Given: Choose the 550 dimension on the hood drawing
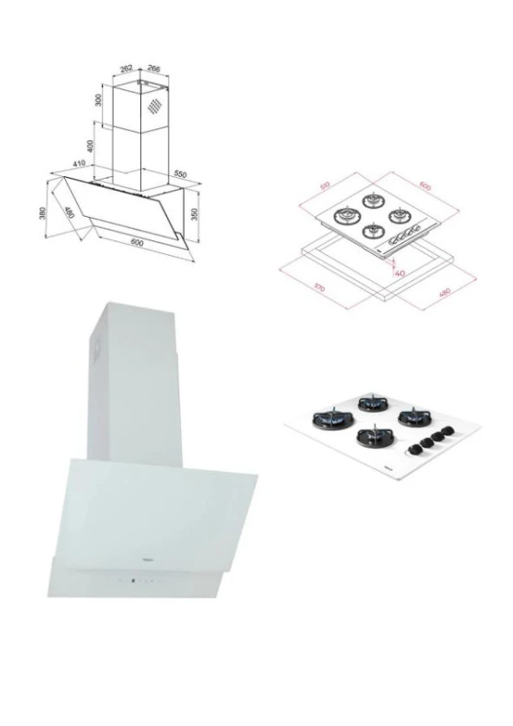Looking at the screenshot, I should click(x=179, y=175).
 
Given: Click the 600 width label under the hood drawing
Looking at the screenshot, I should click(x=136, y=243).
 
